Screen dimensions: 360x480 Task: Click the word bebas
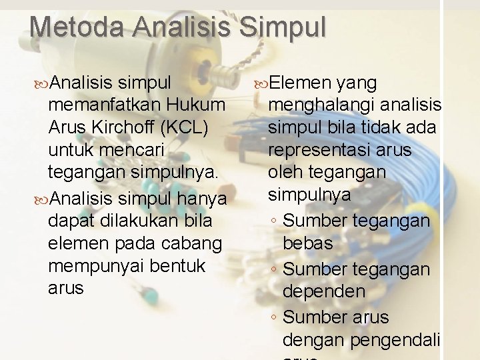click(x=307, y=243)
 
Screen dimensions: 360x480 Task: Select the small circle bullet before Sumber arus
click(x=274, y=317)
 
